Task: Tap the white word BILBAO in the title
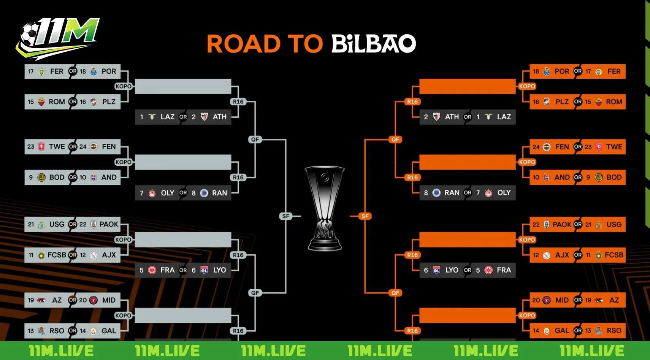click(x=374, y=44)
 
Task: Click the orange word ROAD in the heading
click(x=243, y=44)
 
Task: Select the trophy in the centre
click(x=325, y=208)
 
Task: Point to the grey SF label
click(x=285, y=216)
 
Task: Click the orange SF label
click(x=365, y=216)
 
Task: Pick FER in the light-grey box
click(x=57, y=71)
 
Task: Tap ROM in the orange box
click(x=614, y=102)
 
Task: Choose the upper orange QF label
click(x=395, y=140)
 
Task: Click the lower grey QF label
click(x=255, y=293)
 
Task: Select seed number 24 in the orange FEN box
click(x=536, y=147)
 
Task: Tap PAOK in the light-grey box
click(x=109, y=224)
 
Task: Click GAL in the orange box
click(x=562, y=331)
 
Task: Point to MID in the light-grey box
click(x=109, y=300)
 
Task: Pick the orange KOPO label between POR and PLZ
click(x=527, y=86)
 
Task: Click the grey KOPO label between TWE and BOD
click(x=123, y=162)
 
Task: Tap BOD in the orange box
click(x=614, y=178)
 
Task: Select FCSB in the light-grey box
click(x=57, y=255)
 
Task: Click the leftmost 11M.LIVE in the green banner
click(x=61, y=351)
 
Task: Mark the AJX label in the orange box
click(x=562, y=255)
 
